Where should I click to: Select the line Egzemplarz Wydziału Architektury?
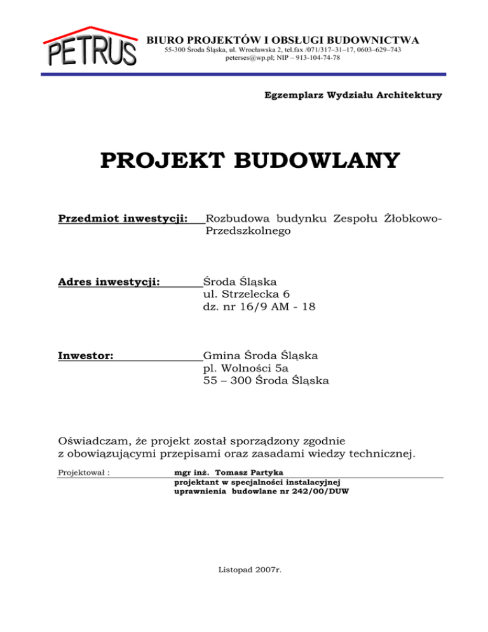click(353, 95)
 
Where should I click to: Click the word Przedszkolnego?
click(248, 232)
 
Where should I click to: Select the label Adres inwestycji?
click(109, 280)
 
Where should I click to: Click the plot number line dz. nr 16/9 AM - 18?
click(259, 306)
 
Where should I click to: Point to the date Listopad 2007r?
click(248, 570)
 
